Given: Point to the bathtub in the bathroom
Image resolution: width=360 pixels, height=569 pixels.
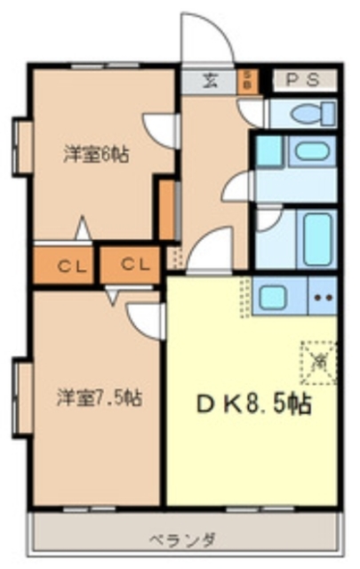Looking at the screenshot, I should click(315, 237).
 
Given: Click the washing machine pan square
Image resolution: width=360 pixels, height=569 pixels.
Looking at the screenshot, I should click(268, 151).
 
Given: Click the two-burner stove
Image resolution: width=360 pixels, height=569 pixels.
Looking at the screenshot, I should click(322, 295).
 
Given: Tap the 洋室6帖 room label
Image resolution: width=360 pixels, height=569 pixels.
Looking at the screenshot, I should click(95, 153).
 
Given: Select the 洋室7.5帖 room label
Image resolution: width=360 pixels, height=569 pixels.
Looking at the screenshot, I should click(99, 397).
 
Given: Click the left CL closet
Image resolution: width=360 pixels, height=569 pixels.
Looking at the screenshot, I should click(65, 264).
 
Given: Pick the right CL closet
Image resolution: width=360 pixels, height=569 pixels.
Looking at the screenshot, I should click(131, 264).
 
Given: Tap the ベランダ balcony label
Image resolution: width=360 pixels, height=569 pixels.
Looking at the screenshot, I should click(185, 539).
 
